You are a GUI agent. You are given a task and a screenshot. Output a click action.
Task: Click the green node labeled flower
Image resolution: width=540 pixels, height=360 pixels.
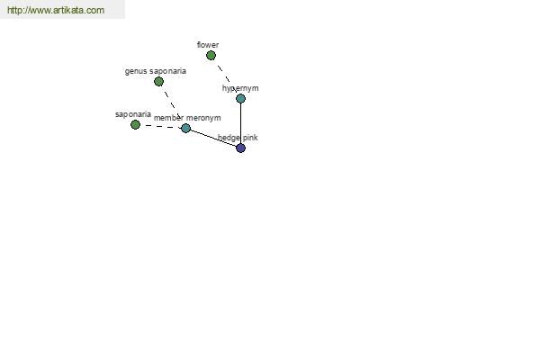[211, 55]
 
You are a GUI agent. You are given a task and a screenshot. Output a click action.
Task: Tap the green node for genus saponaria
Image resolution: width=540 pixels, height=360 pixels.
[158, 81]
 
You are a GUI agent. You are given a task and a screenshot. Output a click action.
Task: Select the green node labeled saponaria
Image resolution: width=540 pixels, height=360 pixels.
[135, 125]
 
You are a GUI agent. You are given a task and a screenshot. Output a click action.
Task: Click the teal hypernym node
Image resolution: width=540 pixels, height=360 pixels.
[240, 98]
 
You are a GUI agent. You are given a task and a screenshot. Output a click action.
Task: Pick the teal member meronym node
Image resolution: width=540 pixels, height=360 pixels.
[185, 128]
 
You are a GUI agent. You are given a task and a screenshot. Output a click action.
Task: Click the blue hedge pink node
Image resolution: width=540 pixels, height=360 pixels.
[240, 148]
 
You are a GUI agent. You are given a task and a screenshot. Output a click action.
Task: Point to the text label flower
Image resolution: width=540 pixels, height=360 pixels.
[208, 45]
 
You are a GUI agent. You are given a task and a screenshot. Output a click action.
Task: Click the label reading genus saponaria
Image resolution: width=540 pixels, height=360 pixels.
[156, 71]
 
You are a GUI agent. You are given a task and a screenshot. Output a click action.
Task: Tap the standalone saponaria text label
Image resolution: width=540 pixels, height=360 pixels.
[133, 114]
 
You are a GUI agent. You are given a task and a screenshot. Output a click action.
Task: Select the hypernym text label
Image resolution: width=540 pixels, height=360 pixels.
[240, 88]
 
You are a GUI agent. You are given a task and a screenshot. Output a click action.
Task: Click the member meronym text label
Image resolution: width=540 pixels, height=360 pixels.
[187, 118]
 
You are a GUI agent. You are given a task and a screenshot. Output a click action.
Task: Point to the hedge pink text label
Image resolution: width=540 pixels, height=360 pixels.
[238, 138]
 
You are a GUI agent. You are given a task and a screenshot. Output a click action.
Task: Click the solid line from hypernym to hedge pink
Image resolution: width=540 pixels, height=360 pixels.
[240, 123]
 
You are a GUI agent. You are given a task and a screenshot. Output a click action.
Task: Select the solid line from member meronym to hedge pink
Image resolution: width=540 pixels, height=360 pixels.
[213, 138]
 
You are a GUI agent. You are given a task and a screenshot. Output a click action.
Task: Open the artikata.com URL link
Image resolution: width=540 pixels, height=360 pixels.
[56, 10]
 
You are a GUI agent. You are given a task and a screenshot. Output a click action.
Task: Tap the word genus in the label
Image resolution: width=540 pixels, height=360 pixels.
[136, 72]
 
